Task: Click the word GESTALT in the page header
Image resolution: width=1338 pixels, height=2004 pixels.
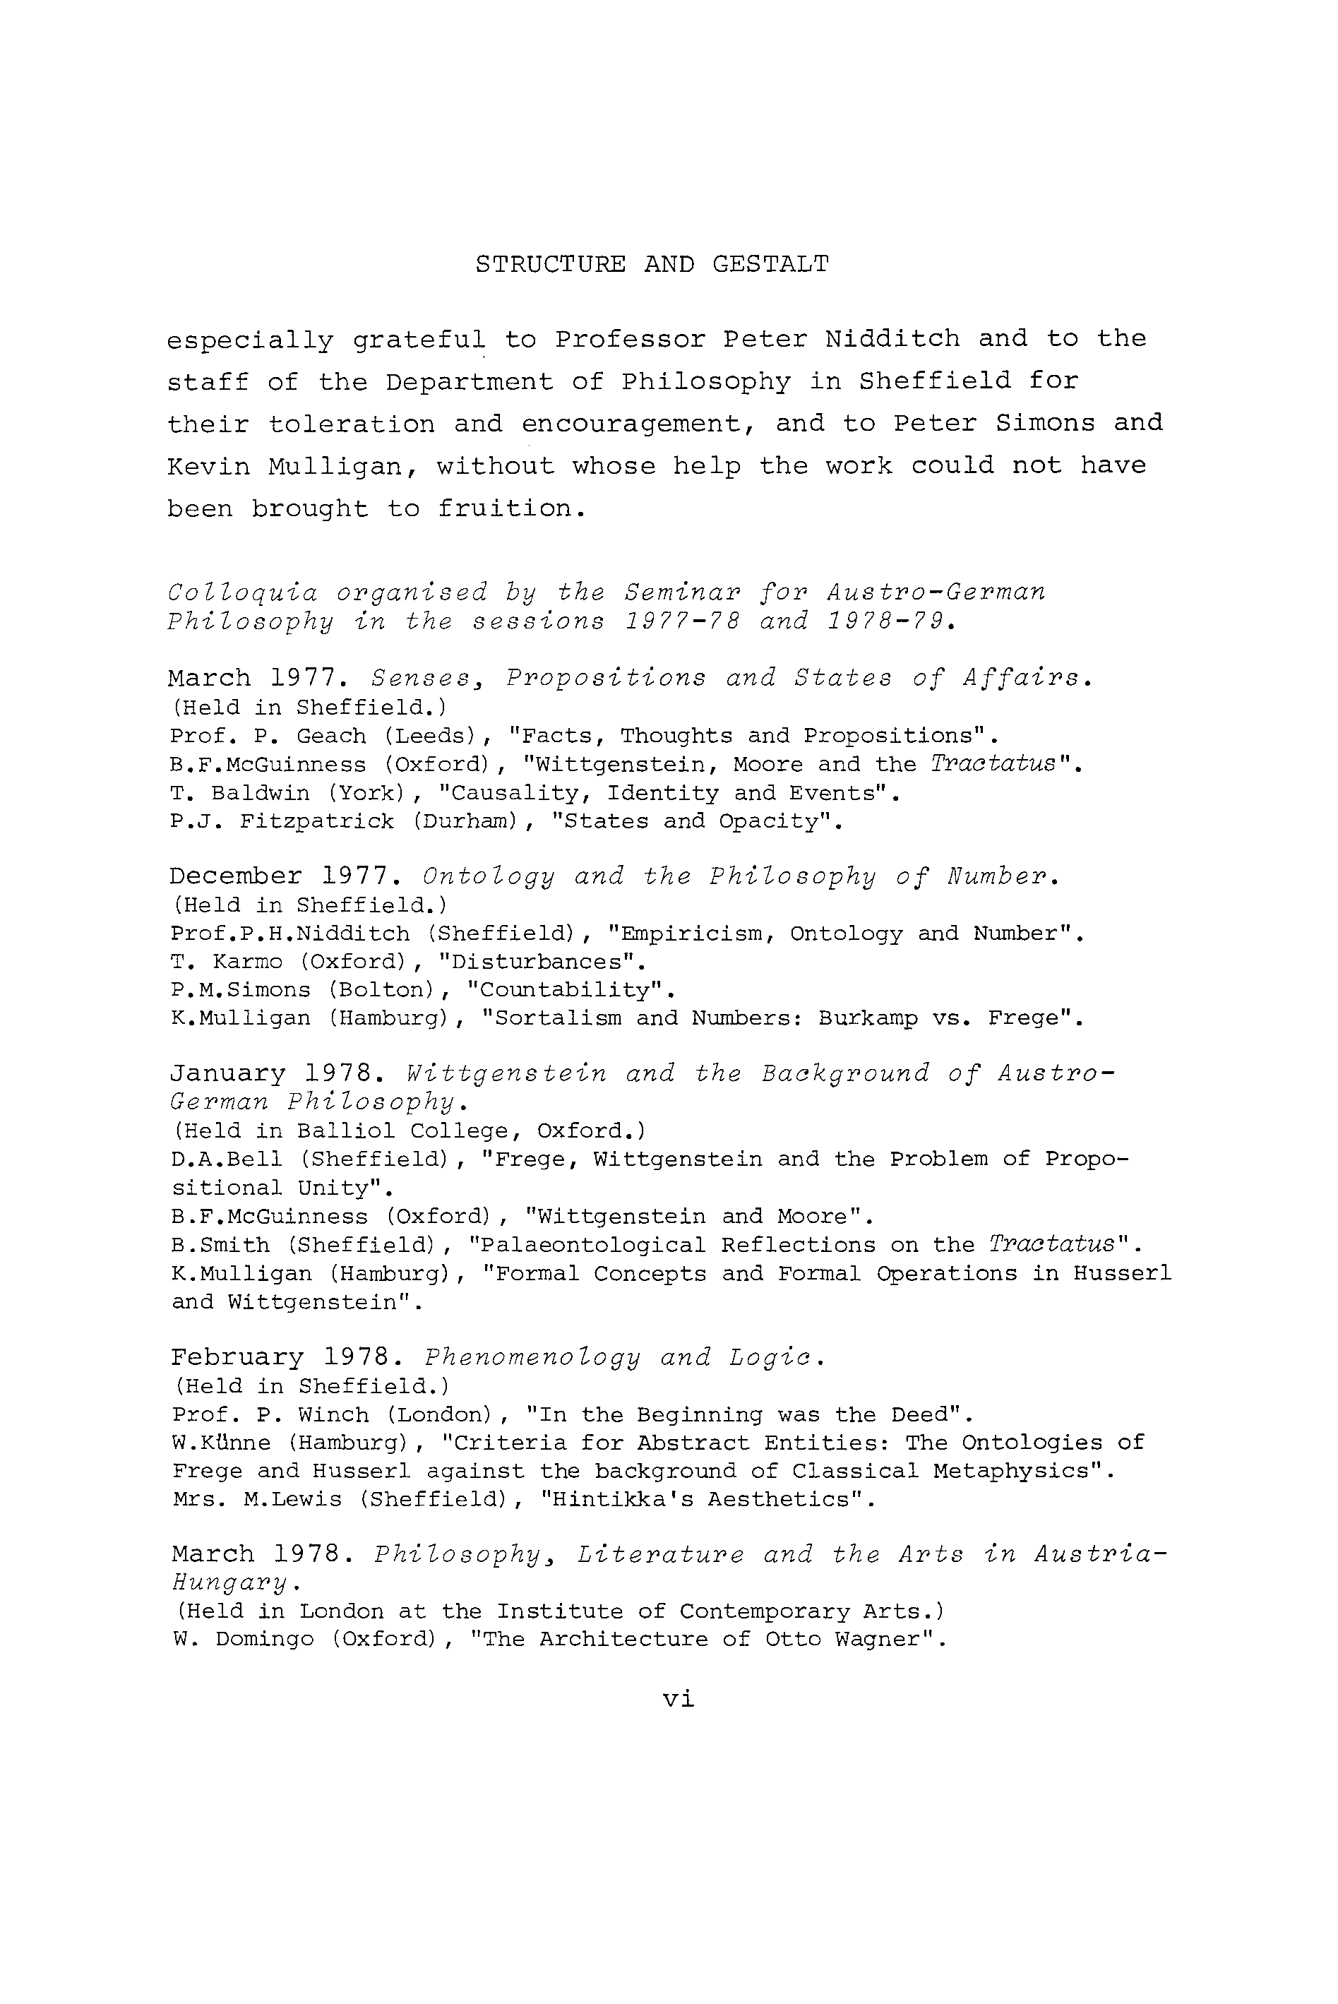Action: coord(770,265)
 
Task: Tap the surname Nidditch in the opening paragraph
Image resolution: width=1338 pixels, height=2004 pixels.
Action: coord(892,340)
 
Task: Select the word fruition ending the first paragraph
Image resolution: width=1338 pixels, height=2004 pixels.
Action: coord(511,509)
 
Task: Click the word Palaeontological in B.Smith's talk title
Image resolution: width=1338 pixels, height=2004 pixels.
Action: coord(592,1246)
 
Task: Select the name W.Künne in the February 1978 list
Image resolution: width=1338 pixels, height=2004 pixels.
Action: coord(221,1443)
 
